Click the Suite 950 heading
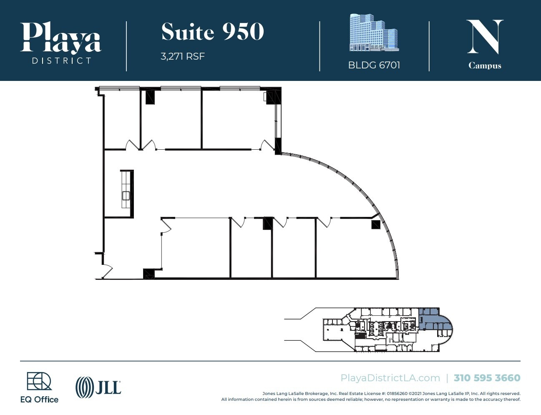[213, 32]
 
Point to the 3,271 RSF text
[183, 56]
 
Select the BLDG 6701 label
[374, 65]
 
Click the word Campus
[485, 65]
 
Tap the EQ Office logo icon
[39, 381]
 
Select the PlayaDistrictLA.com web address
[390, 378]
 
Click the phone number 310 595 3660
[487, 378]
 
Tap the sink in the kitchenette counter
[126, 195]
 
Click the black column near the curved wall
[376, 225]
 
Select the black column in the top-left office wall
[150, 97]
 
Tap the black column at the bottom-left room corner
[148, 274]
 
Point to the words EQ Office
[39, 400]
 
